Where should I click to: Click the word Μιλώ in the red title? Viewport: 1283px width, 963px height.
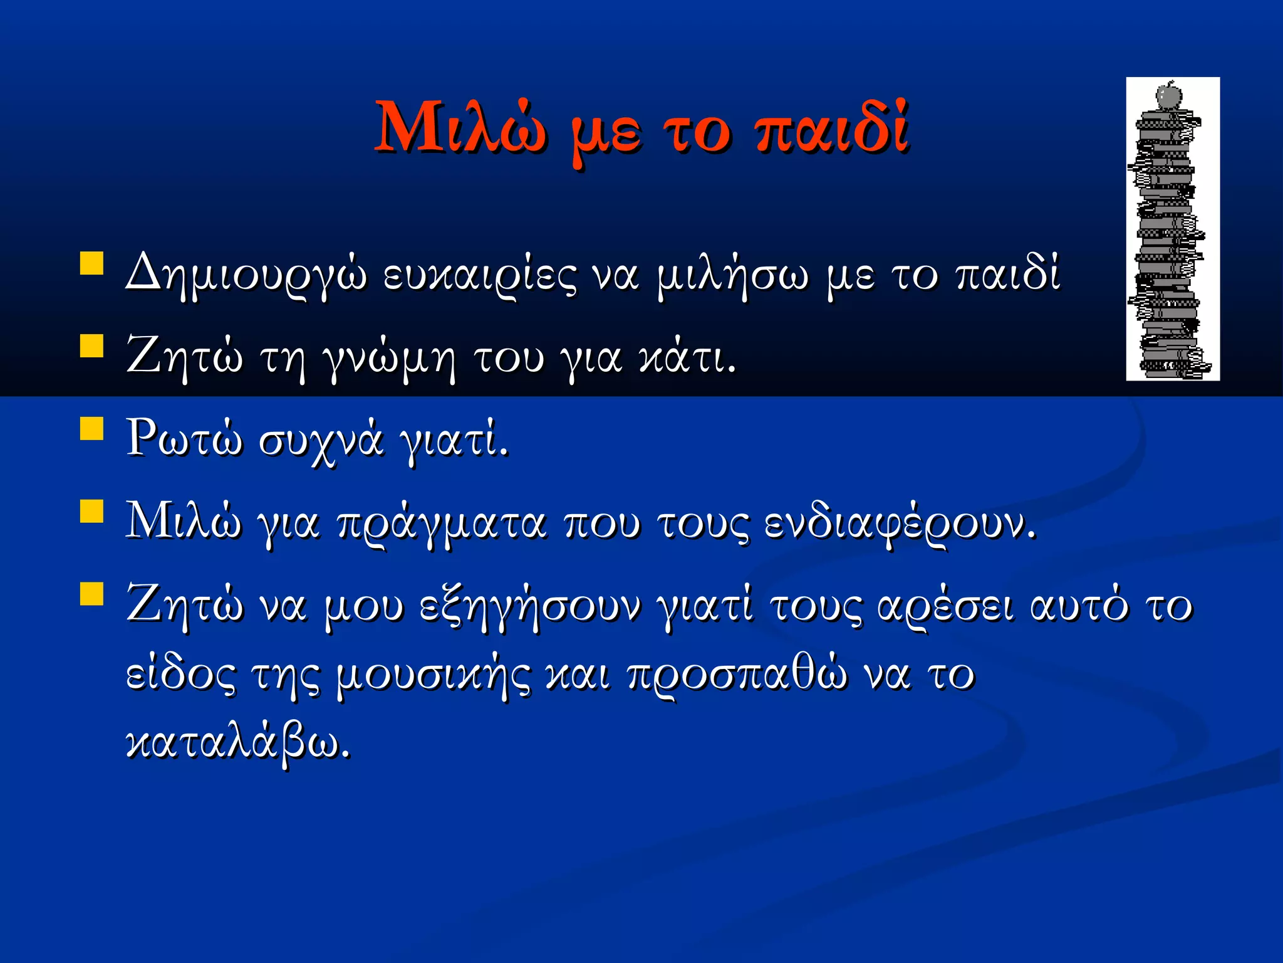461,129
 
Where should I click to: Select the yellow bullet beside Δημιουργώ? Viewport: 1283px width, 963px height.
92,263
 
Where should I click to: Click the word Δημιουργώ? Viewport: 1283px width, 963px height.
246,276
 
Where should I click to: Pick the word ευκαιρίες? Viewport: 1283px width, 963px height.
479,276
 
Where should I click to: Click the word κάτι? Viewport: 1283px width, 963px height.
686,357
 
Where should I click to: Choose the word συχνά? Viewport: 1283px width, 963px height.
320,441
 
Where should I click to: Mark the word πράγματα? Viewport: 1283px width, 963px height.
441,524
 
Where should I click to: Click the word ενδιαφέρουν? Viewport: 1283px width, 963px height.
900,524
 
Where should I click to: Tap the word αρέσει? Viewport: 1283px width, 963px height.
945,607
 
